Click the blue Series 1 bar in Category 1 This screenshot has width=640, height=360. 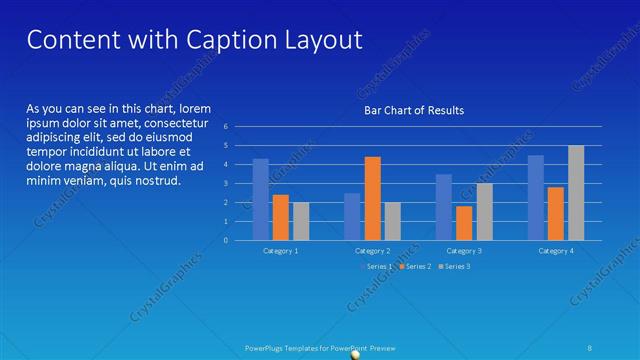[x=261, y=199]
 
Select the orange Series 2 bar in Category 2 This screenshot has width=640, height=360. [x=372, y=198]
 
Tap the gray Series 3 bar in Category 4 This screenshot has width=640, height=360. [x=576, y=193]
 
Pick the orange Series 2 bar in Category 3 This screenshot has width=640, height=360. [x=464, y=223]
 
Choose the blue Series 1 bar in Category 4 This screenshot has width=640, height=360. [x=536, y=197]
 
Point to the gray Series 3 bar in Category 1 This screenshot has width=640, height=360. [x=301, y=221]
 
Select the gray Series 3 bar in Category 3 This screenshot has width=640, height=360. [x=484, y=211]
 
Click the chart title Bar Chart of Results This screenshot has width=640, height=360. [x=413, y=110]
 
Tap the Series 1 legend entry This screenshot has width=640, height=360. [x=377, y=266]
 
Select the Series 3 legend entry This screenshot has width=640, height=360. [x=454, y=266]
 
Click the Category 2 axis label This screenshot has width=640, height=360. [x=372, y=251]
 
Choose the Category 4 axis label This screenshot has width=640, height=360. [x=556, y=251]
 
